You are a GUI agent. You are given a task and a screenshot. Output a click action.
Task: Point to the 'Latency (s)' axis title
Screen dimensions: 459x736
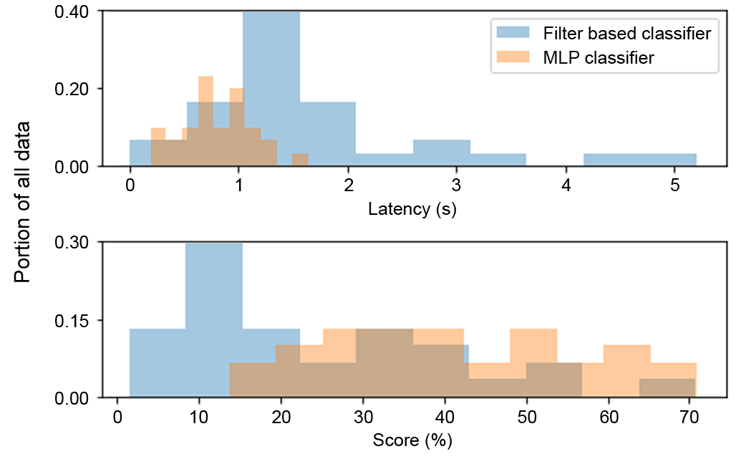pyautogui.click(x=412, y=210)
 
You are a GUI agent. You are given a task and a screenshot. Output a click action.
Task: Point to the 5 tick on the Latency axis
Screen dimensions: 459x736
pyautogui.click(x=675, y=184)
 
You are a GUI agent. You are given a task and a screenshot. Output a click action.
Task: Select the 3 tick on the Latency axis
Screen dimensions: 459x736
pyautogui.click(x=457, y=184)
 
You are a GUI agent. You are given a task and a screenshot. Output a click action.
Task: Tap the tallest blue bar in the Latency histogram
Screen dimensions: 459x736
pyautogui.click(x=271, y=86)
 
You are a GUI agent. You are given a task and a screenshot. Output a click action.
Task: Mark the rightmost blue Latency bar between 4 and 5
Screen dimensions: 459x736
pyautogui.click(x=639, y=160)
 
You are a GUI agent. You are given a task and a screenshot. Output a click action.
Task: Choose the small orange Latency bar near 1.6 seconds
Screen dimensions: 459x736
pyautogui.click(x=300, y=160)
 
